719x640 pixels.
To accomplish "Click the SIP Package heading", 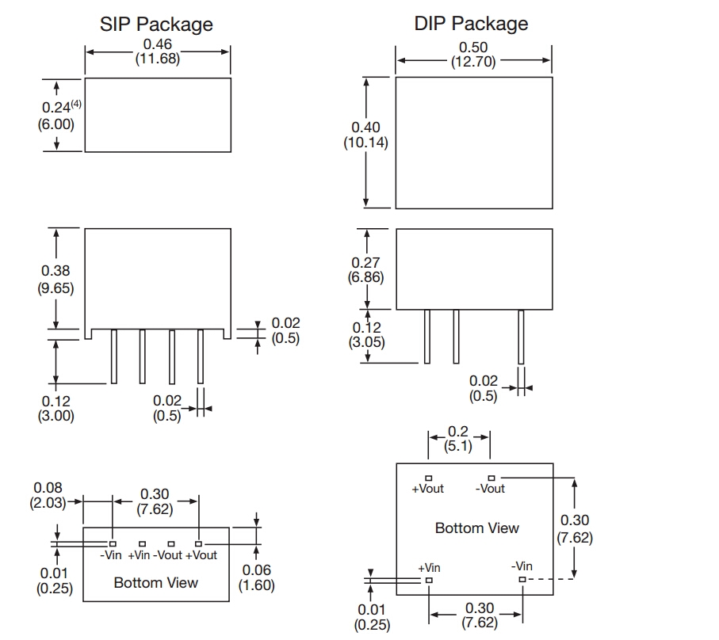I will point(156,24).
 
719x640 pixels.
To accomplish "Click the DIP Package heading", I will point(471,24).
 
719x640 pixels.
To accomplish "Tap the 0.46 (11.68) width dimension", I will point(158,52).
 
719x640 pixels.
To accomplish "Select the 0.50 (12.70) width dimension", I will point(473,54).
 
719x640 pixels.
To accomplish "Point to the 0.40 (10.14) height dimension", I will point(365,135).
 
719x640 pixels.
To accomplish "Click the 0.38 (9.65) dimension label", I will point(55,280).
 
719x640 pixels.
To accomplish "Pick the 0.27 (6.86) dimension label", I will point(365,270).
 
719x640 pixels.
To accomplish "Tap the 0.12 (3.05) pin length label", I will point(365,335).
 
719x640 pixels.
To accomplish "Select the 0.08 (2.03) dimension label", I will point(48,496).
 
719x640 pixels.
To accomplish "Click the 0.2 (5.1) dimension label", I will point(458,439).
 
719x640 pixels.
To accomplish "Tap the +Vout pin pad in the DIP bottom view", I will point(428,478).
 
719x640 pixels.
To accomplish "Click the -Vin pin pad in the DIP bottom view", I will point(522,580).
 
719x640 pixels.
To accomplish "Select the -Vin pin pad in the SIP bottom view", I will point(113,544).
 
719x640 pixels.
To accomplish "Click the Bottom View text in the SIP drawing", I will point(155,583).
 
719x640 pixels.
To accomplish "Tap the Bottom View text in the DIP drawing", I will point(477,528).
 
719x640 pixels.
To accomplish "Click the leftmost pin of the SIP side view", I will point(113,356).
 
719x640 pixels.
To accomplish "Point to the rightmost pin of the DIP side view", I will point(521,337).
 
